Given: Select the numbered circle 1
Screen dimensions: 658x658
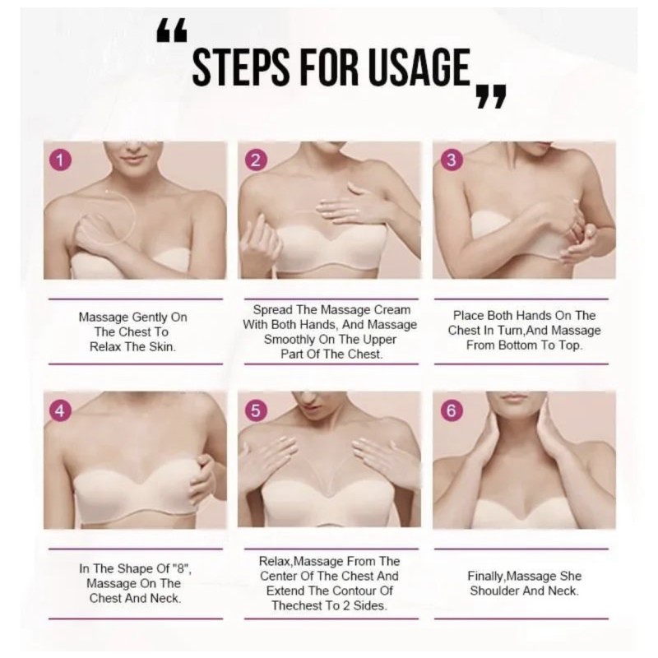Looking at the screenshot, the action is [x=60, y=160].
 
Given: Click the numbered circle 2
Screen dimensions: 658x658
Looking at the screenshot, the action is [x=256, y=160].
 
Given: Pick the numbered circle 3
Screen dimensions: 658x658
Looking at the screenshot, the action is [x=451, y=160].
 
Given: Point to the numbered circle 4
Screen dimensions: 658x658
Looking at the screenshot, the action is [x=60, y=410].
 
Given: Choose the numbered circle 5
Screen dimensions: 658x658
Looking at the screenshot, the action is [x=256, y=410].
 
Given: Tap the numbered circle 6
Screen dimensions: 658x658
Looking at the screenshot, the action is [x=451, y=410].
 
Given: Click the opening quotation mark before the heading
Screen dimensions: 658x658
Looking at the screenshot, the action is [x=171, y=32].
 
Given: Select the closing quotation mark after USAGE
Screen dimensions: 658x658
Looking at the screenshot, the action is [x=491, y=96].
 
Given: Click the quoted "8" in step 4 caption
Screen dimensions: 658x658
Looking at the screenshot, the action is [x=182, y=568].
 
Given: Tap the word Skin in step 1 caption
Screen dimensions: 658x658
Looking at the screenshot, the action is [x=162, y=347].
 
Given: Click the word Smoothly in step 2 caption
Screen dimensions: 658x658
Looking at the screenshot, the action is [x=290, y=340].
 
